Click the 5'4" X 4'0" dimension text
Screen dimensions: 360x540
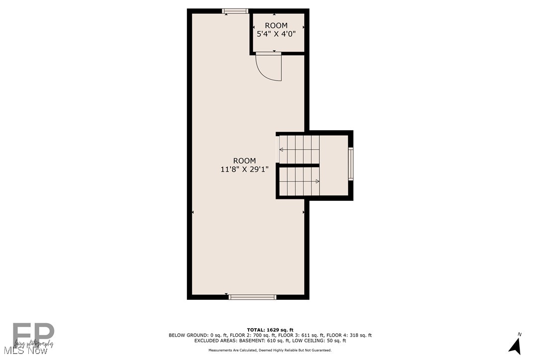[276, 34]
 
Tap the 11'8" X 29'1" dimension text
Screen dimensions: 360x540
[245, 169]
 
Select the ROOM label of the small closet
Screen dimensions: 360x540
[276, 25]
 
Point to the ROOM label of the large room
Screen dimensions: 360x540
[245, 161]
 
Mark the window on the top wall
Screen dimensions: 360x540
[235, 11]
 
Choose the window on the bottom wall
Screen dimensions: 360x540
[253, 297]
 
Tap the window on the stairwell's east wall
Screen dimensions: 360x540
[351, 164]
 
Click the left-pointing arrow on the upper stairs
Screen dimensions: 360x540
[281, 149]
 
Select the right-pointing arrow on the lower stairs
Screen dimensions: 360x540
[317, 181]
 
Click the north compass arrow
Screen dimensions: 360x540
[515, 345]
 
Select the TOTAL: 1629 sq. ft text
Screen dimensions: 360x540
[270, 330]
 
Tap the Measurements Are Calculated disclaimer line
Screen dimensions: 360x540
[270, 351]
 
